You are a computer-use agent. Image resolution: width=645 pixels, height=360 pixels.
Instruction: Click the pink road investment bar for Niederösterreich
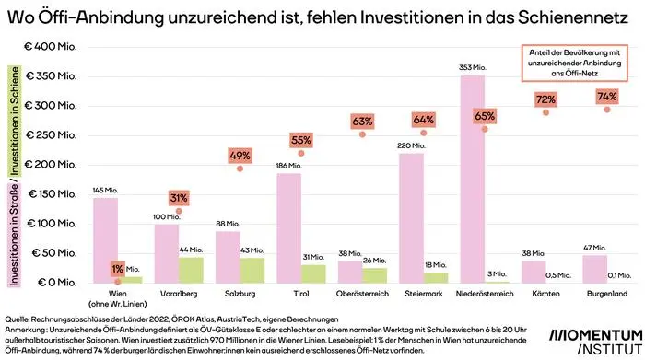click(x=472, y=179)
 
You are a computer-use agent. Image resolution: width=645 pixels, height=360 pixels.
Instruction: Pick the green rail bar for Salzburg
click(x=252, y=270)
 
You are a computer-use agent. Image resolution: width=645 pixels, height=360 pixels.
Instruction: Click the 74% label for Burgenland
click(x=606, y=96)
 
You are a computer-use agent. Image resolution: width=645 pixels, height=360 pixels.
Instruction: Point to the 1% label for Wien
click(x=117, y=268)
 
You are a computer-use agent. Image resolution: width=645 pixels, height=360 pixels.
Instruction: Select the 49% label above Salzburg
click(x=240, y=155)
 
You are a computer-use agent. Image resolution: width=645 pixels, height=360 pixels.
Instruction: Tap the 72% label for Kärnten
click(x=545, y=99)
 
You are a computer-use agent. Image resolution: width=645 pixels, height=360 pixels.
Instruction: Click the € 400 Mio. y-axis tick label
click(x=54, y=47)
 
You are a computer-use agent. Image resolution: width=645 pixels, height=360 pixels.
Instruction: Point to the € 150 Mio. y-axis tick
click(x=54, y=194)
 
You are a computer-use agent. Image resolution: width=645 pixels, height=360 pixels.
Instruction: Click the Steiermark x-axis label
click(x=424, y=295)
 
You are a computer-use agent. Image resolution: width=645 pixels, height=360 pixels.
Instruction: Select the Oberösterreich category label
click(x=362, y=295)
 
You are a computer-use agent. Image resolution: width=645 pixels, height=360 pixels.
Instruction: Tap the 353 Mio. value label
click(x=472, y=67)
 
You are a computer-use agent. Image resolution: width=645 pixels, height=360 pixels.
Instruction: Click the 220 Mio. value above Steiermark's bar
click(x=411, y=145)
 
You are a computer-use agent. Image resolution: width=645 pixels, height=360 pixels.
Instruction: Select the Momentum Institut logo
click(x=595, y=339)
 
